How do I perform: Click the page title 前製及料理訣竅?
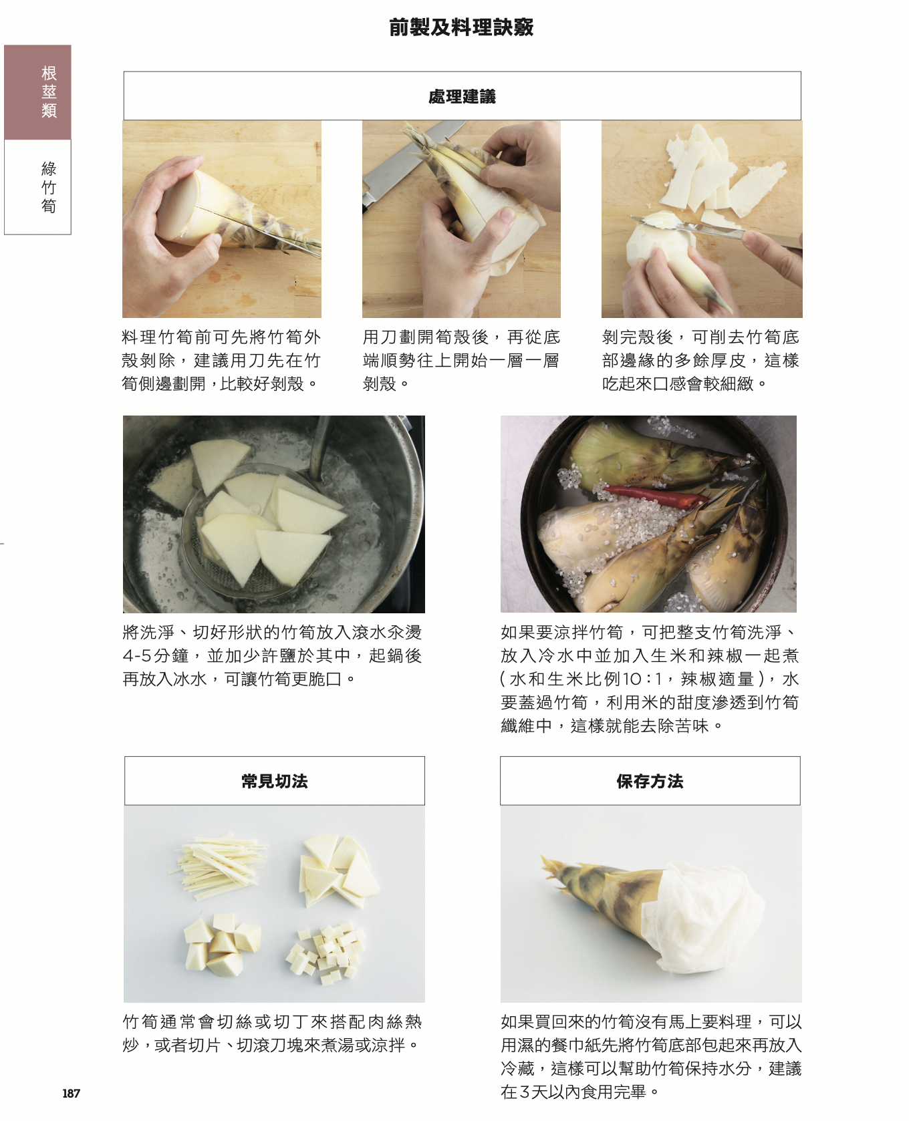pos(461,27)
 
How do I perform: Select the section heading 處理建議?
pos(462,97)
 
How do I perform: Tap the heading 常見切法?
pos(275,781)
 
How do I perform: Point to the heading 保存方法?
pos(650,781)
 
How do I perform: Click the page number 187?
pos(71,1093)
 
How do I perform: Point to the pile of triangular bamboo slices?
pos(338,870)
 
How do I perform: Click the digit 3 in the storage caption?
pos(525,1092)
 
